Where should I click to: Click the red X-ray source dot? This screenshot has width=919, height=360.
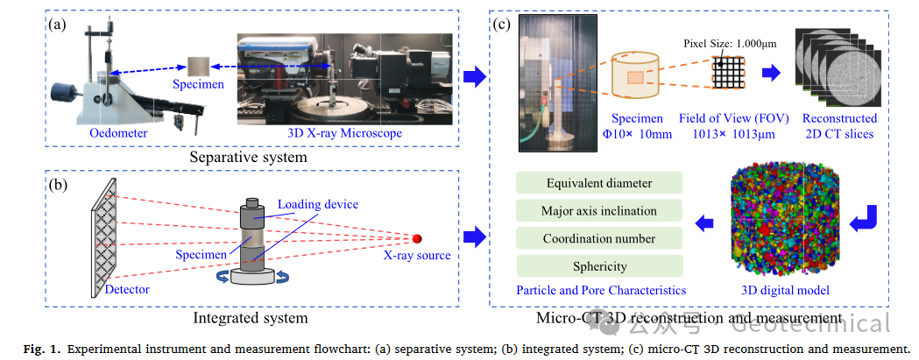pos(418,238)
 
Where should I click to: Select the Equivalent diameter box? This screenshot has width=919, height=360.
pos(599,183)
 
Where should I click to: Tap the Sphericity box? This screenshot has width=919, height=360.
pos(599,265)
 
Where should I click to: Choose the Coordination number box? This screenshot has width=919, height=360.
pos(599,238)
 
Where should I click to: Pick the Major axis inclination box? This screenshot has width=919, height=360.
pos(599,210)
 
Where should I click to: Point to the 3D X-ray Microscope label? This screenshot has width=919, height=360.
pos(344,133)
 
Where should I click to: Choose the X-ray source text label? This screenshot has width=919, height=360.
pos(416,256)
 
